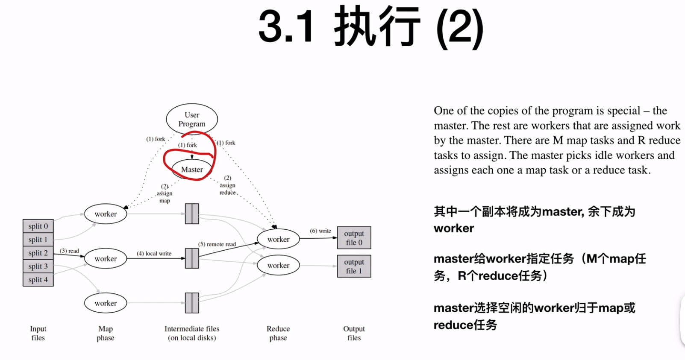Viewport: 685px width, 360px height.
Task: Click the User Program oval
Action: point(192,119)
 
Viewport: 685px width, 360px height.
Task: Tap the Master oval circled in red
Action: point(192,170)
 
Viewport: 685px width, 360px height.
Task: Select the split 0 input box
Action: point(38,226)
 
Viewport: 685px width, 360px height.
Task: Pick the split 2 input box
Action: point(38,253)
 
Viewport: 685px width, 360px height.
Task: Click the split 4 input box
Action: point(38,280)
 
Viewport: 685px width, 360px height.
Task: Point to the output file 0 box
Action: point(354,238)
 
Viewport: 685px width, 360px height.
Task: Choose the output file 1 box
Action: point(354,266)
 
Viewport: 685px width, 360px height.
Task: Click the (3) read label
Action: point(69,251)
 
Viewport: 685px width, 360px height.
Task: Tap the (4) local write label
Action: point(154,253)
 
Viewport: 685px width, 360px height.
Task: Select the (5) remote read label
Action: point(217,244)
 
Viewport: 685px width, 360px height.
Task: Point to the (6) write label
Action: point(320,231)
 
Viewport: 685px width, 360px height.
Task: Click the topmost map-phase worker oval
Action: point(106,214)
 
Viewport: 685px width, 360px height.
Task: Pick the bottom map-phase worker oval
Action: point(106,303)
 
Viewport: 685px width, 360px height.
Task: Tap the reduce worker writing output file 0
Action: point(278,239)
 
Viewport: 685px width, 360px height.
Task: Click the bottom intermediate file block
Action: point(192,303)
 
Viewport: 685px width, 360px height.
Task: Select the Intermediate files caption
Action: point(192,333)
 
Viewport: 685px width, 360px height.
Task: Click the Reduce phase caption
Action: point(278,333)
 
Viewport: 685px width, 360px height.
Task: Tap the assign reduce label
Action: point(227,185)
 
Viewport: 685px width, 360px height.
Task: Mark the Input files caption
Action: point(38,333)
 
